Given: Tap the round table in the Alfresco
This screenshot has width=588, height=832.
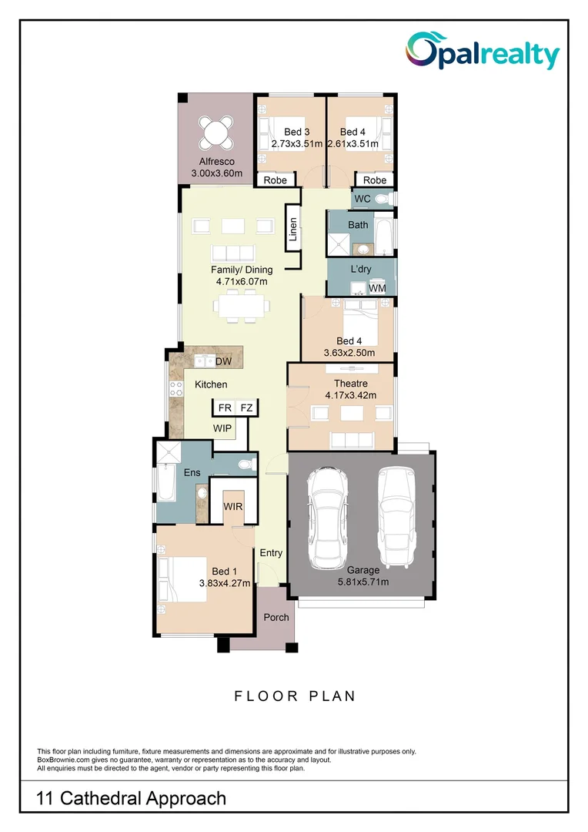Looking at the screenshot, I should coord(216,132).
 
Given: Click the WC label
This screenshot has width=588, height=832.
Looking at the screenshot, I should coord(362,199).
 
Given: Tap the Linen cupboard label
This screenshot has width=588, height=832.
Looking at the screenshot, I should coord(292,230).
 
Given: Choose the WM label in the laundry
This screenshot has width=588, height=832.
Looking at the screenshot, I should coord(377,288).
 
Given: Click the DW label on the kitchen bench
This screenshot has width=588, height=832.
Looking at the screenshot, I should coord(223,361).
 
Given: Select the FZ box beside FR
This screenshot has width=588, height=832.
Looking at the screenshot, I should coord(246,408).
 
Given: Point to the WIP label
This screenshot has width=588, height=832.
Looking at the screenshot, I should coord(222,428).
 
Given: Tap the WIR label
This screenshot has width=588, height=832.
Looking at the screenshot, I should coord(233,507).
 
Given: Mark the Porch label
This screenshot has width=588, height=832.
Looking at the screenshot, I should coord(276,617).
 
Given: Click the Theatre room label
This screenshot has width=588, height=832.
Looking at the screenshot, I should coord(350,383).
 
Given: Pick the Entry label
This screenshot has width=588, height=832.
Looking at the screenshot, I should coord(271,553).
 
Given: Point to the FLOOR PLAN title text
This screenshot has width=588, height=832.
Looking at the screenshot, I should coord(295,696).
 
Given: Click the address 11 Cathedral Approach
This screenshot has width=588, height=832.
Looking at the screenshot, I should coord(132,798).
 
